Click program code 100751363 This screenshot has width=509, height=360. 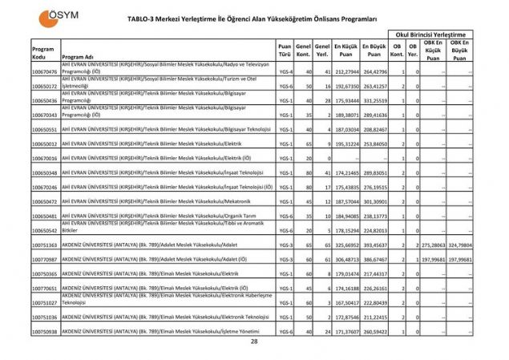pyautogui.click(x=45, y=245)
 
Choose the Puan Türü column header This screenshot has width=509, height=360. pyautogui.click(x=285, y=51)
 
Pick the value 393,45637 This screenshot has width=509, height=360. pyautogui.click(x=374, y=245)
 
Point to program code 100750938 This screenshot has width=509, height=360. pyautogui.click(x=45, y=331)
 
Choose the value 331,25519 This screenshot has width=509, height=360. pyautogui.click(x=374, y=100)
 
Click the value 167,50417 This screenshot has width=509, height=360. pyautogui.click(x=346, y=302)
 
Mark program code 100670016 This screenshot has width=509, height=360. pyautogui.click(x=45, y=158)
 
